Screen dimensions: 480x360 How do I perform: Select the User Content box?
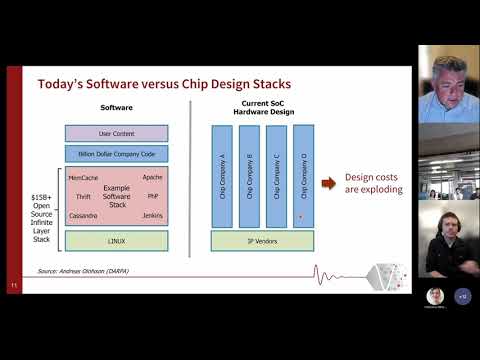116,133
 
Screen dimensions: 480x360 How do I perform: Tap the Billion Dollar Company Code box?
116,154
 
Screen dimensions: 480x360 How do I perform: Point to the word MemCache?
85,177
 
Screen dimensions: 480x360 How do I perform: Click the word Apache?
152,177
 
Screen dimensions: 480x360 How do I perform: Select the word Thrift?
83,197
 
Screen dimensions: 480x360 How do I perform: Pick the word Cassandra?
84,216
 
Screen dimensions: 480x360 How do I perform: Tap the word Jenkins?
152,216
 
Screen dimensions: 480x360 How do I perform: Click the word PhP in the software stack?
153,197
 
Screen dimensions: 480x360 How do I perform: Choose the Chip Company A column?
222,176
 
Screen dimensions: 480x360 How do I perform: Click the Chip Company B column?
249,176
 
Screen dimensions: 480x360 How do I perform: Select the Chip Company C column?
276,176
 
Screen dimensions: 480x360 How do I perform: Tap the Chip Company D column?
303,176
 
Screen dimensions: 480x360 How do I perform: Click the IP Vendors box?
262,242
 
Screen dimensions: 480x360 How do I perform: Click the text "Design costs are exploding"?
373,183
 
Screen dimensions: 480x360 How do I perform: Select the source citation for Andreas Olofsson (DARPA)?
89,271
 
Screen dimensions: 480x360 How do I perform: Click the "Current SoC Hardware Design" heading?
261,108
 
